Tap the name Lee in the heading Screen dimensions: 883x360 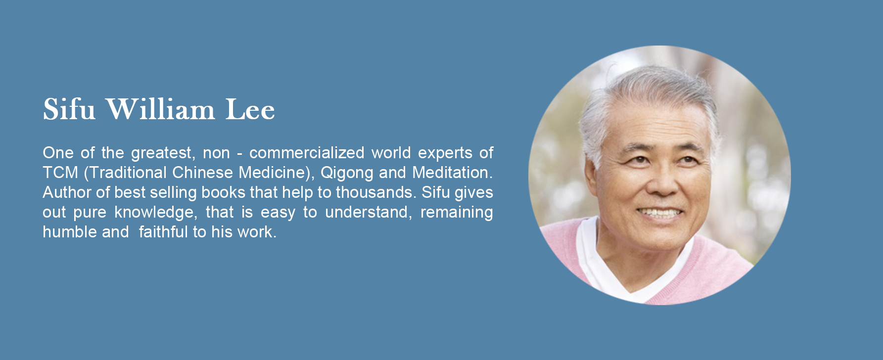(250, 109)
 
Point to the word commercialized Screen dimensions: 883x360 (307, 153)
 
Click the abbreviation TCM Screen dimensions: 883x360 (60, 173)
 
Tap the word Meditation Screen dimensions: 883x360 (453, 173)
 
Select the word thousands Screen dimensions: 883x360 (376, 192)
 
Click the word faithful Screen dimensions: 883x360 (163, 232)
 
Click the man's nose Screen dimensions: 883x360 (662, 184)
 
